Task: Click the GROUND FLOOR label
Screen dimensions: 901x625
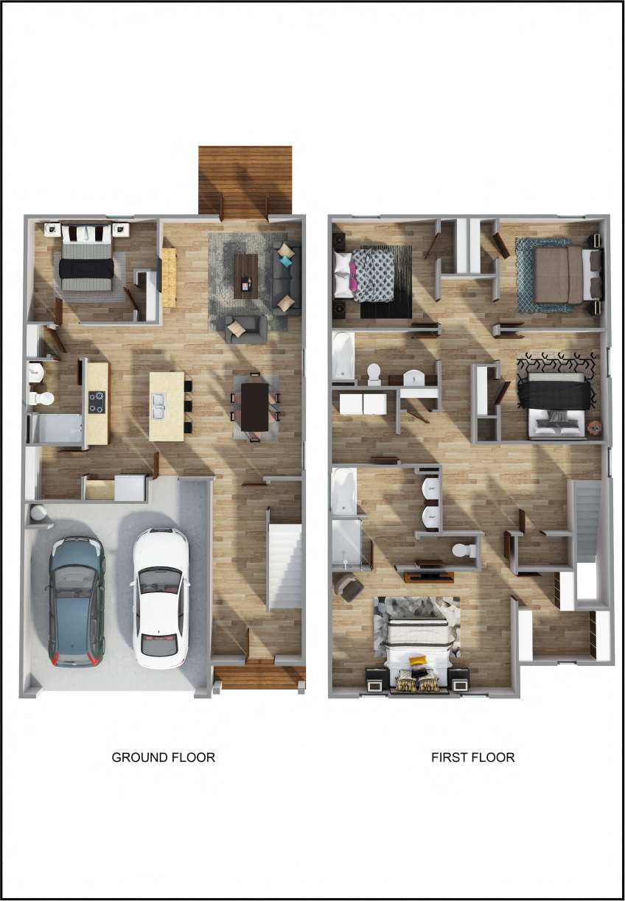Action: (x=163, y=757)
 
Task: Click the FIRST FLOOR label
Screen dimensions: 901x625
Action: (x=472, y=757)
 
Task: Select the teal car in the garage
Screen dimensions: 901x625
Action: (x=76, y=600)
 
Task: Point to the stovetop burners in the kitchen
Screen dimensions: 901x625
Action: (x=97, y=401)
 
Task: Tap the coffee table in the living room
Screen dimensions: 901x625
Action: (x=246, y=276)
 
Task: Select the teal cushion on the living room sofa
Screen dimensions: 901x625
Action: (x=285, y=262)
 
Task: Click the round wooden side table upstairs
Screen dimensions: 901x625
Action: (x=595, y=427)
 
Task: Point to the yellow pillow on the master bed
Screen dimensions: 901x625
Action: (x=418, y=661)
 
